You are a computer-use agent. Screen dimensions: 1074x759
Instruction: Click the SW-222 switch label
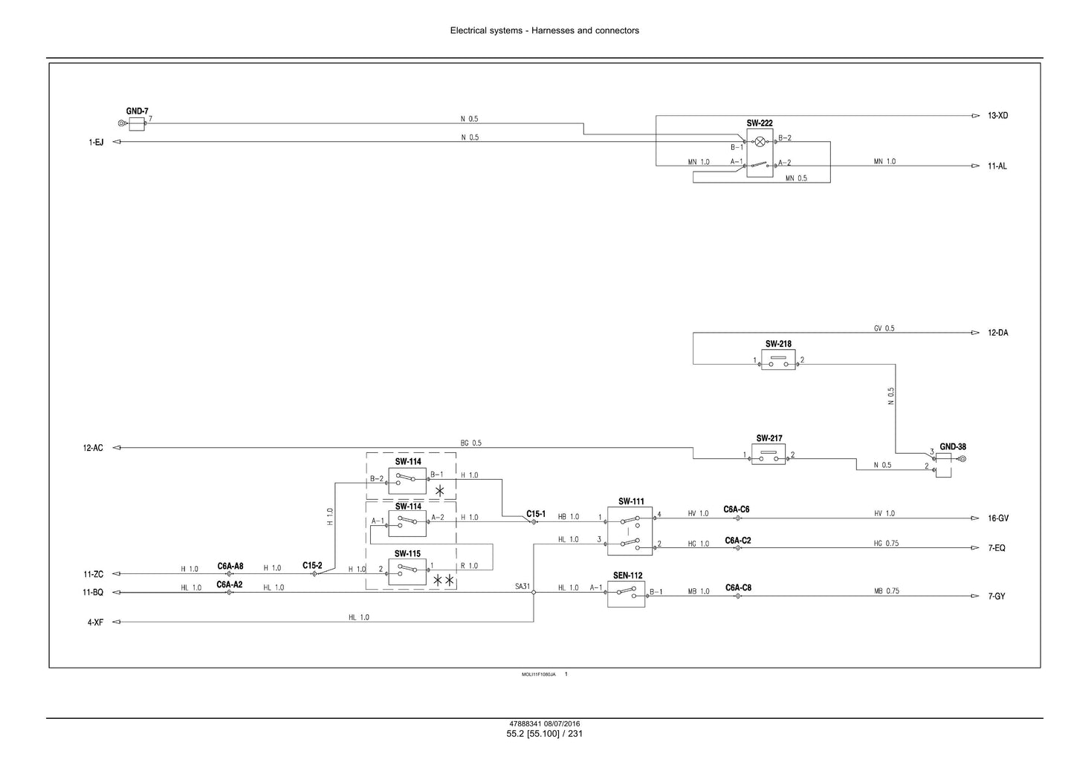pyautogui.click(x=760, y=123)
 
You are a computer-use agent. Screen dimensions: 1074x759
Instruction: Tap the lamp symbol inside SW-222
pyautogui.click(x=760, y=142)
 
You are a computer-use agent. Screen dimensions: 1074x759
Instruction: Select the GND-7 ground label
pyautogui.click(x=137, y=111)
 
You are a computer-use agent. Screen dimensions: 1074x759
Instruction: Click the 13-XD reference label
pyautogui.click(x=997, y=115)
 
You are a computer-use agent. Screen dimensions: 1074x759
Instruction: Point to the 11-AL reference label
pyautogui.click(x=997, y=166)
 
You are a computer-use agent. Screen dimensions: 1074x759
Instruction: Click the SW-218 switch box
pyautogui.click(x=778, y=359)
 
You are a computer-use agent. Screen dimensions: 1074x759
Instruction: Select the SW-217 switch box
pyautogui.click(x=768, y=454)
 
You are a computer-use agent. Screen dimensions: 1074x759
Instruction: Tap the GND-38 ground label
pyautogui.click(x=953, y=446)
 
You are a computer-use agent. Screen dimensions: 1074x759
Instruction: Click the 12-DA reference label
pyautogui.click(x=997, y=333)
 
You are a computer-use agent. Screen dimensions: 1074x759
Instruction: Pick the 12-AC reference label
pyautogui.click(x=93, y=448)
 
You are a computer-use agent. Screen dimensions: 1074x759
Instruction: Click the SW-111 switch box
pyautogui.click(x=630, y=531)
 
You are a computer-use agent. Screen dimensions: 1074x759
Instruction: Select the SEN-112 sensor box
pyautogui.click(x=626, y=594)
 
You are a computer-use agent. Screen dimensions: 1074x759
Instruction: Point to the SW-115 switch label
pyautogui.click(x=407, y=553)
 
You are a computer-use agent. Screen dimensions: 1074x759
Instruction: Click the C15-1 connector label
pyautogui.click(x=536, y=514)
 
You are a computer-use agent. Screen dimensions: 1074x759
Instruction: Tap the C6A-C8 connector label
pyautogui.click(x=738, y=587)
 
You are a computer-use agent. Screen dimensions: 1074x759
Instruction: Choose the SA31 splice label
pyautogui.click(x=523, y=586)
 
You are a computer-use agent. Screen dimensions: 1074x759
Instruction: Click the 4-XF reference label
pyautogui.click(x=95, y=622)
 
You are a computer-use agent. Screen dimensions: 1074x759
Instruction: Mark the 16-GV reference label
pyautogui.click(x=998, y=518)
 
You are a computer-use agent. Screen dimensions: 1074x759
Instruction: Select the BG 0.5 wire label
pyautogui.click(x=470, y=443)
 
